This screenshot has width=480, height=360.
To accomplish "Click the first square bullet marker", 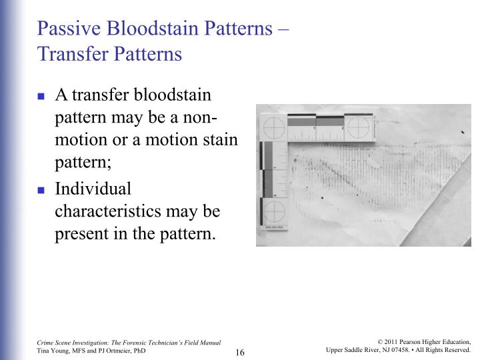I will [40, 96].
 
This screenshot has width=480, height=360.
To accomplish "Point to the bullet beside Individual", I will [40, 189].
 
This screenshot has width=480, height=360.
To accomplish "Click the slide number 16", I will [241, 351].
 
